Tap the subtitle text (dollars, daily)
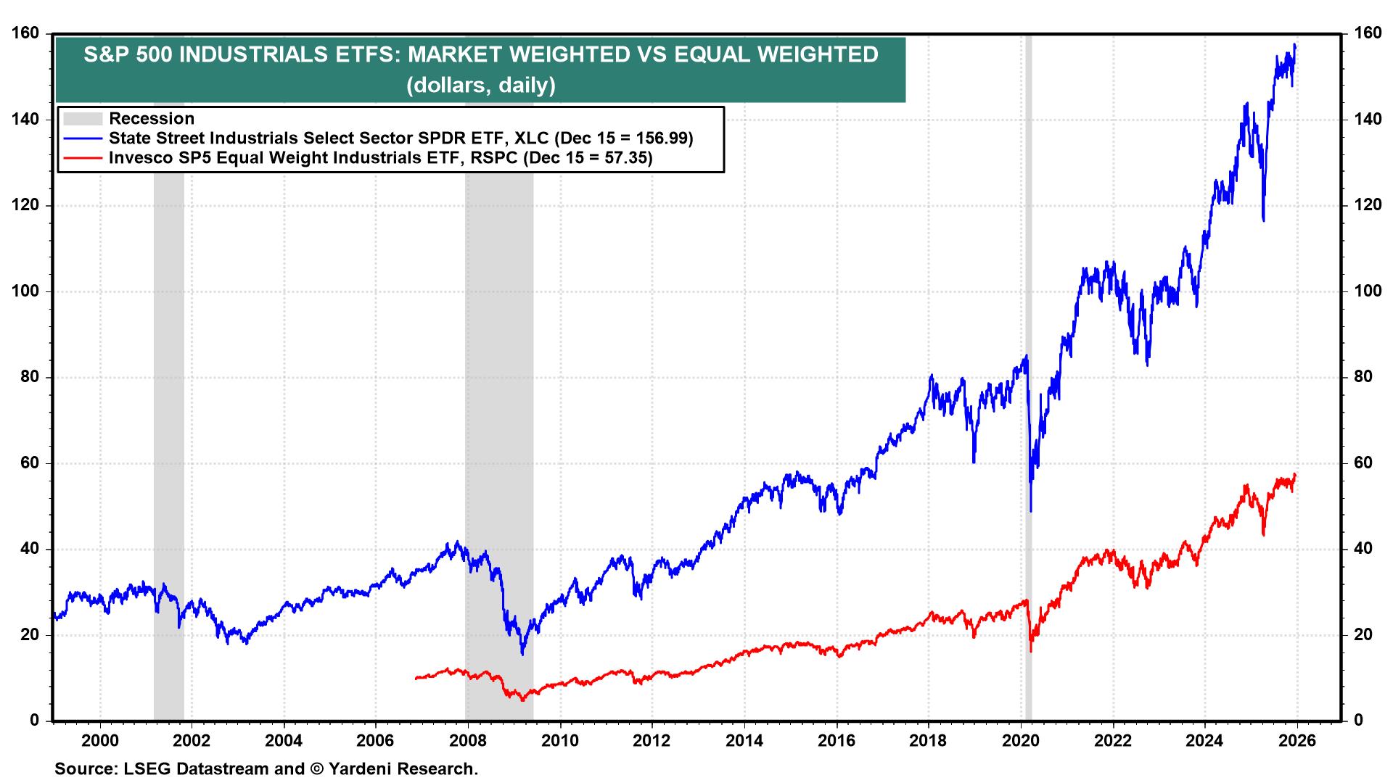(x=480, y=85)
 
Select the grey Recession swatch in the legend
(x=81, y=118)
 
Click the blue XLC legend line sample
(x=81, y=138)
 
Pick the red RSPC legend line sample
(x=81, y=157)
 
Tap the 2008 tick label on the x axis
(x=468, y=742)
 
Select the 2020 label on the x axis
(x=1021, y=742)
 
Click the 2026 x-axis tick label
(x=1297, y=742)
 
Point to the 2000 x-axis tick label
(x=100, y=742)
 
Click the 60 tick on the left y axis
(x=33, y=463)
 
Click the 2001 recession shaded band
(x=168, y=362)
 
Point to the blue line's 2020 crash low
(x=1031, y=511)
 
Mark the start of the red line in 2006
(x=416, y=679)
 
